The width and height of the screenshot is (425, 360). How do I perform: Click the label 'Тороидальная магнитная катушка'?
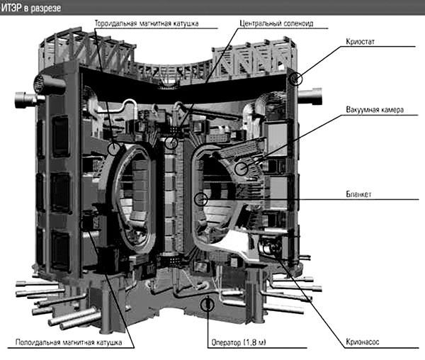147,23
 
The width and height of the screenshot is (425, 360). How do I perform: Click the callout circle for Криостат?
295,79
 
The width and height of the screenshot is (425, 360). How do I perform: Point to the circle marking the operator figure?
207,305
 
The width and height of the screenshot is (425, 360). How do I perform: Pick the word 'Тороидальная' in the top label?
117,23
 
